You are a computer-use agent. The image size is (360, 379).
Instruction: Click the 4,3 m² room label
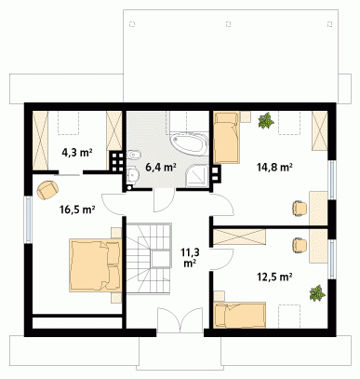(77, 153)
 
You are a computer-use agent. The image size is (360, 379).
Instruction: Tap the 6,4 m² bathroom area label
(161, 168)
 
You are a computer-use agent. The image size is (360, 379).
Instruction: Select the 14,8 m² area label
(274, 168)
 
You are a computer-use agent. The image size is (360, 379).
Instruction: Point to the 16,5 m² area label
(77, 210)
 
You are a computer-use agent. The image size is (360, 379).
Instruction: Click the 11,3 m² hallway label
(190, 257)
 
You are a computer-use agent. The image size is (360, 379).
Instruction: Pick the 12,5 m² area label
(274, 277)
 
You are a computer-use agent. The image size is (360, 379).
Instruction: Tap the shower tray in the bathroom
(197, 176)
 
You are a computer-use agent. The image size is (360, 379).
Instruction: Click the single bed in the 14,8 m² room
(227, 138)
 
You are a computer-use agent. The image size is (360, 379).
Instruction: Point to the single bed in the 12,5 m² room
(240, 315)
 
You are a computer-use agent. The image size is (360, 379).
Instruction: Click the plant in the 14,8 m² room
(266, 120)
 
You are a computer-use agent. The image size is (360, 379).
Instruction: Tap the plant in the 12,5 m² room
(317, 293)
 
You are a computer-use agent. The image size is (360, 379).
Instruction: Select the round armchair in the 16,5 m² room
(47, 190)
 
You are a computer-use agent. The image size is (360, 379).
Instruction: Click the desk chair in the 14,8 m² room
(300, 209)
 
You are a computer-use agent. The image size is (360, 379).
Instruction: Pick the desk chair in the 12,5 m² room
(300, 245)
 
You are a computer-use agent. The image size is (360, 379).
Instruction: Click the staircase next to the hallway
(149, 258)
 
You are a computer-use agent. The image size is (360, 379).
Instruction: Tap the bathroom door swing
(164, 200)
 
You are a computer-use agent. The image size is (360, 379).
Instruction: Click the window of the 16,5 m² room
(28, 220)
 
